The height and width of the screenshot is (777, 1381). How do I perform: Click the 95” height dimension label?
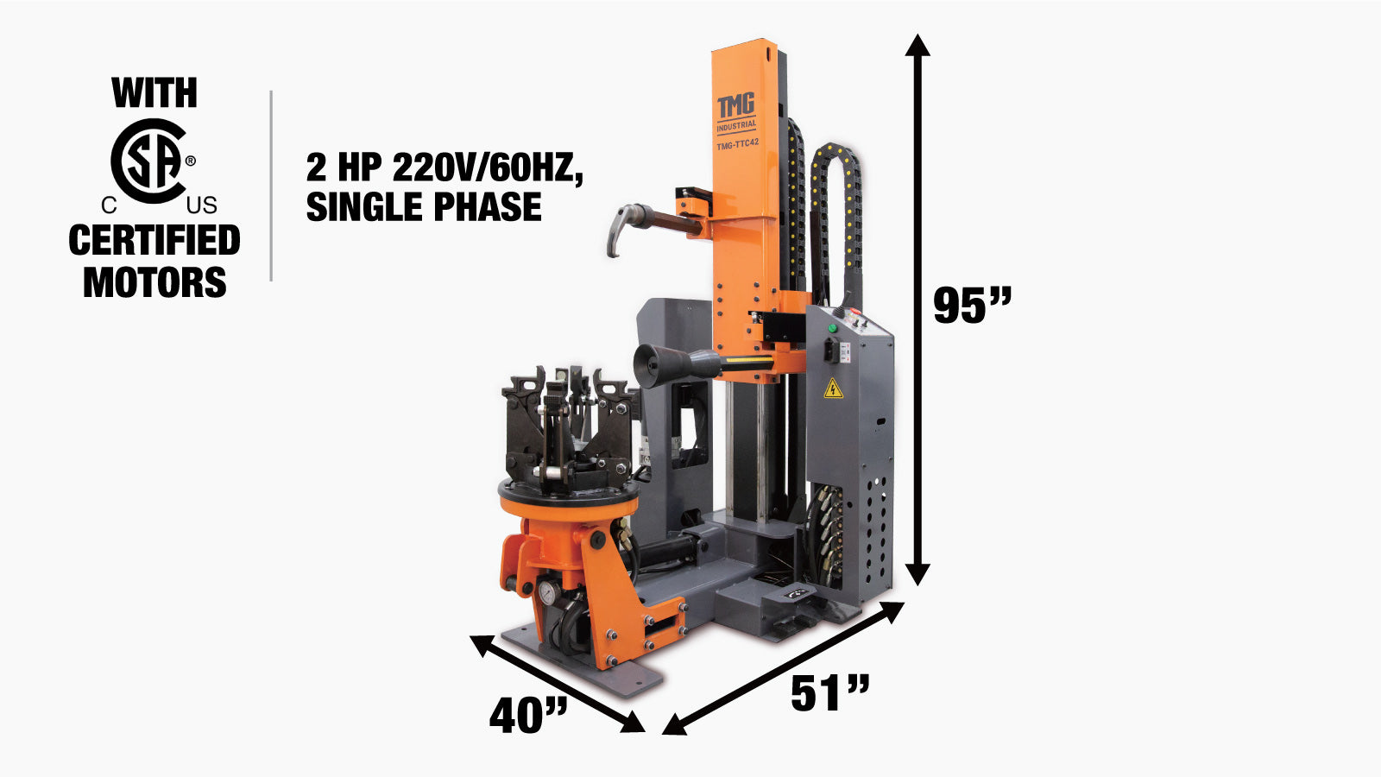click(x=972, y=305)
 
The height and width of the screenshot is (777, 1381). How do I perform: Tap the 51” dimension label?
click(x=830, y=693)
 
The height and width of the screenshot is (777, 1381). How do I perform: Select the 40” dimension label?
click(x=528, y=716)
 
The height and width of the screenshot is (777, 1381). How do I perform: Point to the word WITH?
click(x=154, y=92)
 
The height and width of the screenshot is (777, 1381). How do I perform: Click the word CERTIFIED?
click(x=154, y=240)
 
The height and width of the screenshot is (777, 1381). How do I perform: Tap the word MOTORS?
click(x=154, y=282)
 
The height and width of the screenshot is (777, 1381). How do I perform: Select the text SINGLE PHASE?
click(x=424, y=206)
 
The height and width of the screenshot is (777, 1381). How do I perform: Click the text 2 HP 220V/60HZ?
click(x=445, y=167)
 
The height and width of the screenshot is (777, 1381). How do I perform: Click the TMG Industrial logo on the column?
click(x=736, y=113)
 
